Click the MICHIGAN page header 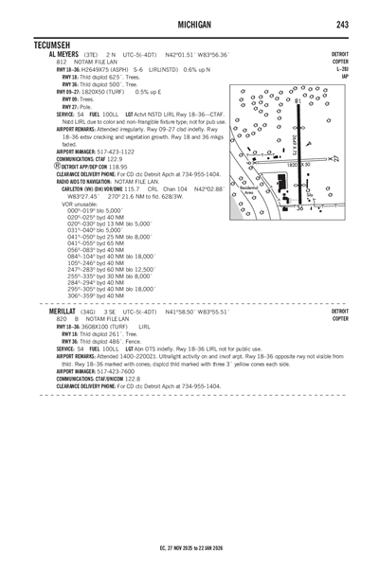(189, 21)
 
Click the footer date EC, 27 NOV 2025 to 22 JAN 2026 (189, 545)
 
